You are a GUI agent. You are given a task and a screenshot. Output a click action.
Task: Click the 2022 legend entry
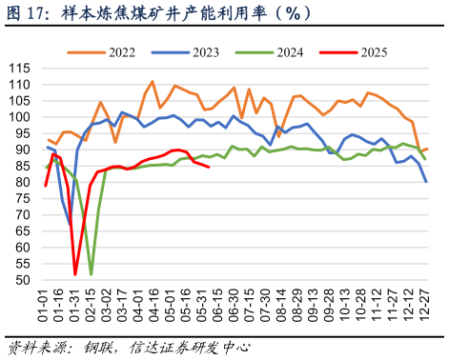click(120, 51)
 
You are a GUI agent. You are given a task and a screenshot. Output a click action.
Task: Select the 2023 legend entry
click(199, 51)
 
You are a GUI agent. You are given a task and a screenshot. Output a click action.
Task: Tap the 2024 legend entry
click(278, 51)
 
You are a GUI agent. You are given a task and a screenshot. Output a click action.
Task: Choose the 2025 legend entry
click(357, 51)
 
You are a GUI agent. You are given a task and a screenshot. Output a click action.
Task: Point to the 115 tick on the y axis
click(19, 68)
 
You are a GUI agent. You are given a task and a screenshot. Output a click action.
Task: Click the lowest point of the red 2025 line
click(75, 274)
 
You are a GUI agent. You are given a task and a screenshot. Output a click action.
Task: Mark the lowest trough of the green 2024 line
click(92, 274)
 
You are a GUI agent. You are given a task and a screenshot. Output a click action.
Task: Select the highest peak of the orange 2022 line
click(153, 82)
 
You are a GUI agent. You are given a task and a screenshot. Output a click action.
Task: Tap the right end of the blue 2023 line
click(426, 182)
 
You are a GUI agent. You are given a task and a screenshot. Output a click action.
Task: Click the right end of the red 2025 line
click(209, 167)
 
